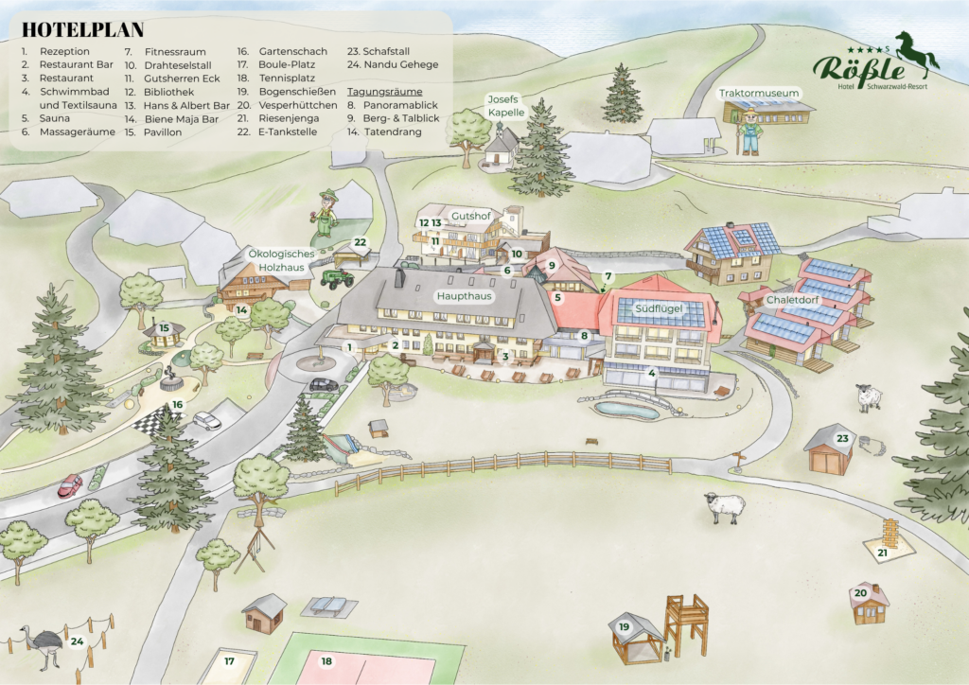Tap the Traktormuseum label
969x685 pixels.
click(x=760, y=94)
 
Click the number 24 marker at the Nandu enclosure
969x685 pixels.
click(x=77, y=641)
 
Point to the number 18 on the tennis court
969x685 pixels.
click(x=327, y=661)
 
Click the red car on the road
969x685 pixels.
click(x=70, y=486)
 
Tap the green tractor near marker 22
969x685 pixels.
click(x=336, y=278)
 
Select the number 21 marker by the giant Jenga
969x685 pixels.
click(x=882, y=553)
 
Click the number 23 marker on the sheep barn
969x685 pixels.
click(x=842, y=438)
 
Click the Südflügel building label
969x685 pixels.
click(x=660, y=308)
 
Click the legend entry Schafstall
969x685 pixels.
click(x=379, y=51)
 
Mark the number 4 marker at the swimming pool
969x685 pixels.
click(x=651, y=373)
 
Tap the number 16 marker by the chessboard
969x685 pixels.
click(x=177, y=405)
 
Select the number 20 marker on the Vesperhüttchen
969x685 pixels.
click(x=860, y=593)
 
